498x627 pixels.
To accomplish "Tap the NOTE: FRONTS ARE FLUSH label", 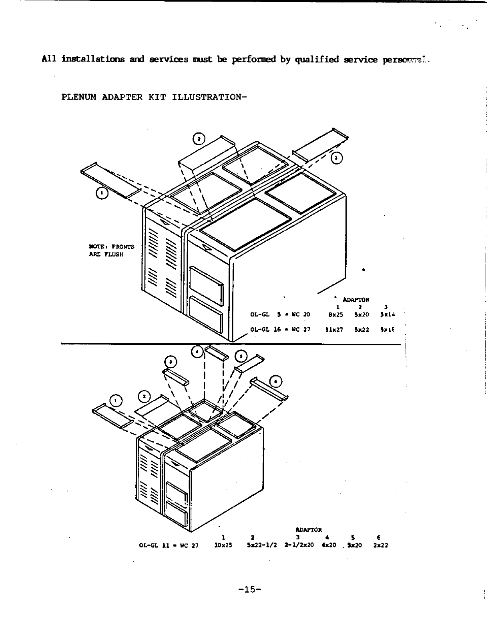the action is coord(111,250).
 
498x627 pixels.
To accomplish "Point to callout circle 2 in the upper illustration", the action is coord(199,139).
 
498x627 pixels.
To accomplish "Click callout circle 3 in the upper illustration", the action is coord(336,158).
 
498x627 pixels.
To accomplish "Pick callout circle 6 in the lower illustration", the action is coord(276,382).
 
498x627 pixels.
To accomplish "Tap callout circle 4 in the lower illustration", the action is coord(197,352).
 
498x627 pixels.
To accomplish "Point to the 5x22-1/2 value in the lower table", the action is coord(262,545).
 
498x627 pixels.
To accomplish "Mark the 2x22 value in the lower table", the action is coord(380,545).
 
